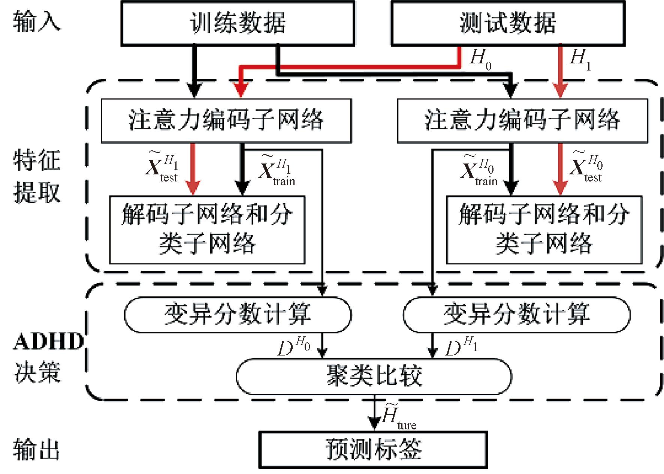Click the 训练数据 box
pos(238,23)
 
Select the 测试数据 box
pos(508,23)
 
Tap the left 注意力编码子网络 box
pos(226,120)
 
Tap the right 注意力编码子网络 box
pos(522,120)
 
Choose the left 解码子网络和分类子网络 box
pos(207,229)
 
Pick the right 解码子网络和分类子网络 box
pos(544,229)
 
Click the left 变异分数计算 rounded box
pos(238,314)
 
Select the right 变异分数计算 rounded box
pos(516,314)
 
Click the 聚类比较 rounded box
pos(374,376)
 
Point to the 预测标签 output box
pos(373,449)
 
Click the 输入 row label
pos(36,21)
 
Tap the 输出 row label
pos(36,450)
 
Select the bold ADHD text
pos(48,342)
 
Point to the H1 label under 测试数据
pos(580,59)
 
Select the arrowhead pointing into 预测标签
pos(374,424)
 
